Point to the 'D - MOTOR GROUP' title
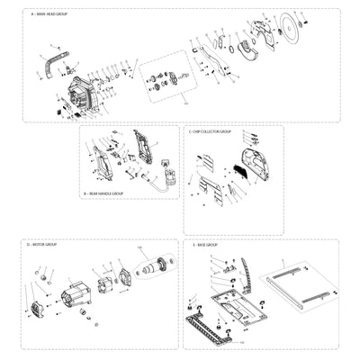click(x=42, y=244)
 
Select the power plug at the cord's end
click(x=167, y=177)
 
